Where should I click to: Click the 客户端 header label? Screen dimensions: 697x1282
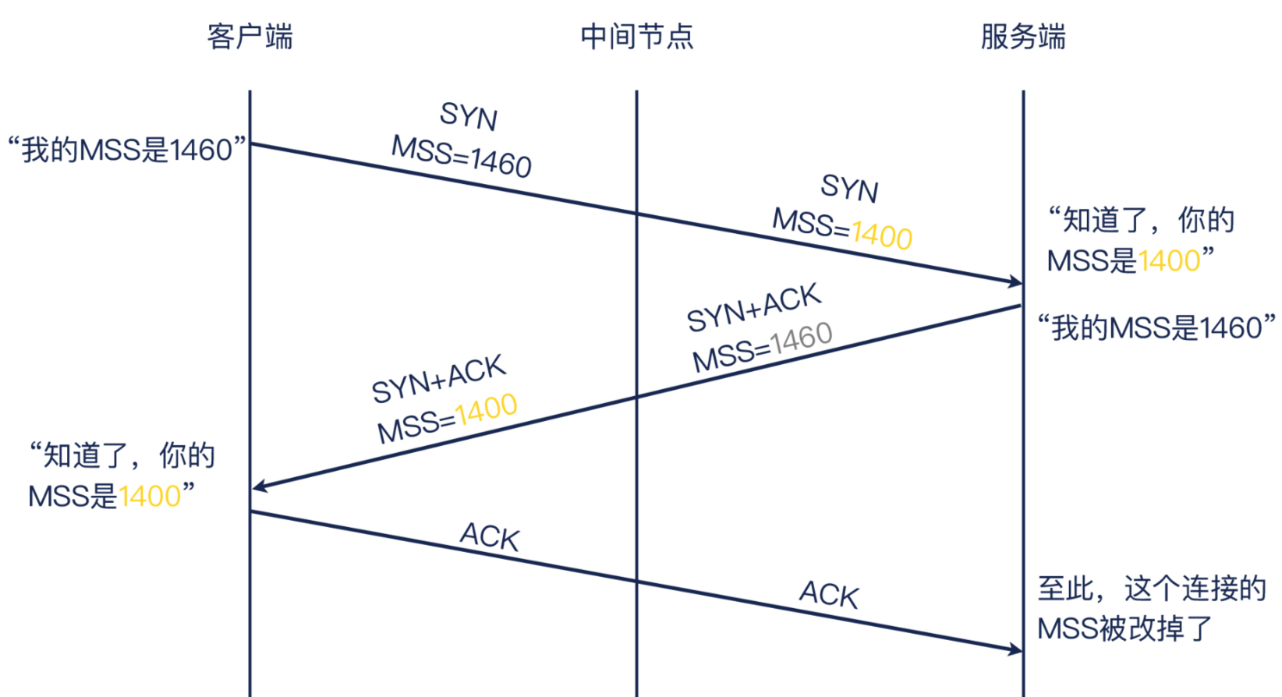tap(250, 37)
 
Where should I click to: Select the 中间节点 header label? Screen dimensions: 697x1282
tap(636, 37)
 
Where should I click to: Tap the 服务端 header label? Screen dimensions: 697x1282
tap(1022, 37)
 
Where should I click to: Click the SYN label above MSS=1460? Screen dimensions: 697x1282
tap(468, 116)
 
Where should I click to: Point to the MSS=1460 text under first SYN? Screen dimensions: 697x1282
tap(461, 156)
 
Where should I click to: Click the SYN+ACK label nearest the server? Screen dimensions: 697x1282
tap(753, 306)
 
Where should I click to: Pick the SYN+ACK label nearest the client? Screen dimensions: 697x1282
tap(438, 378)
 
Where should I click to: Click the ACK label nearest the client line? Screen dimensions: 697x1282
tap(489, 536)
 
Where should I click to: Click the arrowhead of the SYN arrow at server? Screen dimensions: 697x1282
tap(1015, 281)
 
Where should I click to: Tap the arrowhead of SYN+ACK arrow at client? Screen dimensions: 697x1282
tap(260, 486)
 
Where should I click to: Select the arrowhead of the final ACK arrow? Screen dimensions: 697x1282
tap(1015, 649)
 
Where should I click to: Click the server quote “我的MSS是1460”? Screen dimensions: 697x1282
tap(1156, 327)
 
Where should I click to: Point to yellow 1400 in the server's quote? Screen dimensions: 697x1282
tap(1168, 260)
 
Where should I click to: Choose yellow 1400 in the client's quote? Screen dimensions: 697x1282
tap(150, 496)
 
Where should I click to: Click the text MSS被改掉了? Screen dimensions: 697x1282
tap(1124, 628)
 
